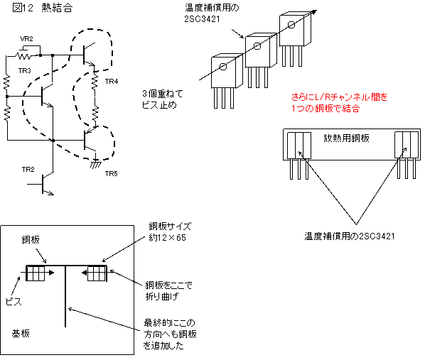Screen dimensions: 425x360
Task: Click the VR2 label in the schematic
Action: click(26, 39)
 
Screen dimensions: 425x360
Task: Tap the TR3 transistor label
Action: click(25, 71)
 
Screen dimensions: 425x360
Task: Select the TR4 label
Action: click(112, 81)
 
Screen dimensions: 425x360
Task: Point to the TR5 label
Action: click(112, 174)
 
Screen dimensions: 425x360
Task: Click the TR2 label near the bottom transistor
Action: click(28, 170)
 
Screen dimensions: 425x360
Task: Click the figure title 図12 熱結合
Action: click(43, 8)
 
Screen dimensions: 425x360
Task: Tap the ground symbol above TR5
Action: click(95, 163)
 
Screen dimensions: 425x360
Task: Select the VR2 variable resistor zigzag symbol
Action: click(23, 56)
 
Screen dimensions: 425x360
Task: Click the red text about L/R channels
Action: click(339, 103)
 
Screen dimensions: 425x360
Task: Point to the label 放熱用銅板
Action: click(346, 138)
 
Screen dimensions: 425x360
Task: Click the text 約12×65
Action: click(167, 238)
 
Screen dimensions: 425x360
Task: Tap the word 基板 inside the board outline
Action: click(21, 334)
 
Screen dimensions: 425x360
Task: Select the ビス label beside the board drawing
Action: click(14, 302)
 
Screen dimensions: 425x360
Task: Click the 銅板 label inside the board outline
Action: click(31, 240)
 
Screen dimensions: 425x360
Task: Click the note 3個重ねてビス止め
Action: click(163, 99)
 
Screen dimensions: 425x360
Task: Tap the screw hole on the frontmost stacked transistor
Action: click(223, 66)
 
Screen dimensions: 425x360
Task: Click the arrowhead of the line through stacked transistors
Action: click(314, 12)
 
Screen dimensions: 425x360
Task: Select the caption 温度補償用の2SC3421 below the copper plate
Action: click(350, 236)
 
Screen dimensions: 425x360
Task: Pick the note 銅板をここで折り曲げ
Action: click(168, 290)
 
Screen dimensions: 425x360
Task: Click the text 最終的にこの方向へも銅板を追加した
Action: click(170, 334)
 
